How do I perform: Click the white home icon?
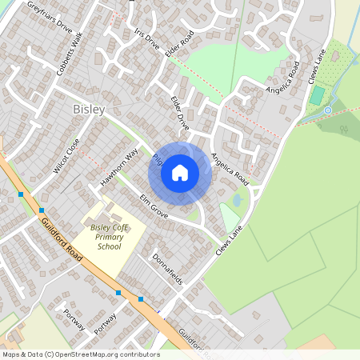[x=180, y=172]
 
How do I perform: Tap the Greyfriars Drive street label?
[x=49, y=14]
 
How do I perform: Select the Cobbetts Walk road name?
[x=70, y=51]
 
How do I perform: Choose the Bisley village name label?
[x=89, y=109]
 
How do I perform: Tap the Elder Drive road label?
[x=179, y=113]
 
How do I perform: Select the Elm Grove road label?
[x=153, y=204]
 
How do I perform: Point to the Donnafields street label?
[x=167, y=270]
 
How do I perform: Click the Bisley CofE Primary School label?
[x=110, y=237]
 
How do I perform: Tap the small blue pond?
[x=237, y=200]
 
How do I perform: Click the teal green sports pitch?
[x=318, y=95]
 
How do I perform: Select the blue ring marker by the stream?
[x=328, y=110]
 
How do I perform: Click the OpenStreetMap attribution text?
[x=81, y=354]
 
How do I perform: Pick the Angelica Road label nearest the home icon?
[x=230, y=170]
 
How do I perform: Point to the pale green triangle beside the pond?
[x=230, y=217]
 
